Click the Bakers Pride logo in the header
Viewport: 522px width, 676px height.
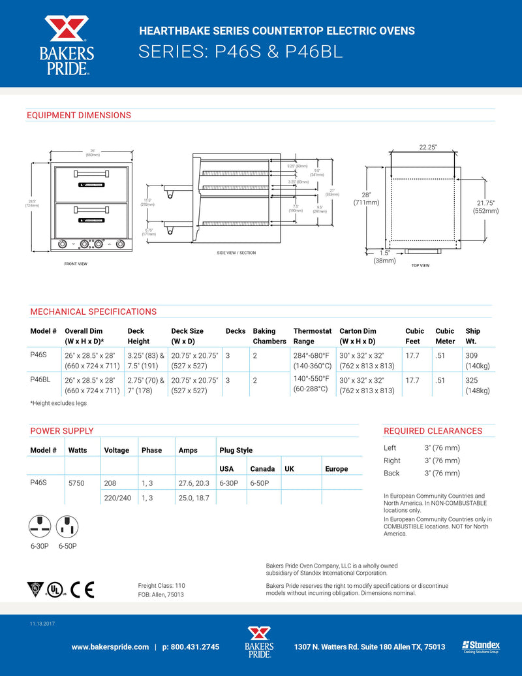click(x=67, y=44)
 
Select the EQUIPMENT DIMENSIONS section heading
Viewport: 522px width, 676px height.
click(x=78, y=116)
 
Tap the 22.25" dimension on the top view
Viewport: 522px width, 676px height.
click(x=427, y=148)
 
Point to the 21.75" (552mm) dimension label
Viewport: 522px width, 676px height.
click(x=485, y=206)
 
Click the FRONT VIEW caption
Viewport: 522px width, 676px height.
click(x=76, y=264)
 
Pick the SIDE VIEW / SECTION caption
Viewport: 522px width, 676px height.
click(x=236, y=252)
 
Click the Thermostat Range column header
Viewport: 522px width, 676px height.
click(x=313, y=336)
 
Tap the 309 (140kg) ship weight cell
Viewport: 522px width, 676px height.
click(x=477, y=359)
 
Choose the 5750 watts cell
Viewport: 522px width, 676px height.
click(x=76, y=483)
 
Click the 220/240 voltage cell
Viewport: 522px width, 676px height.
click(x=117, y=498)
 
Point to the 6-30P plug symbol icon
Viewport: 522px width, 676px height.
click(x=40, y=525)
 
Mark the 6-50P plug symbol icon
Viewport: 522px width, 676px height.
click(x=67, y=525)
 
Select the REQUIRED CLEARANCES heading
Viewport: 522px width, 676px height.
click(x=433, y=431)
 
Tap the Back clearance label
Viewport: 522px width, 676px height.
click(x=391, y=473)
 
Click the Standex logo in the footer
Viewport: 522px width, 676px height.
click(x=480, y=646)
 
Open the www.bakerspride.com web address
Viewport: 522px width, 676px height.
click(x=110, y=647)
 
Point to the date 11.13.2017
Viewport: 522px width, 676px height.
click(x=42, y=624)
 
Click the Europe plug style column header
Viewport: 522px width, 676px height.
click(x=336, y=469)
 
